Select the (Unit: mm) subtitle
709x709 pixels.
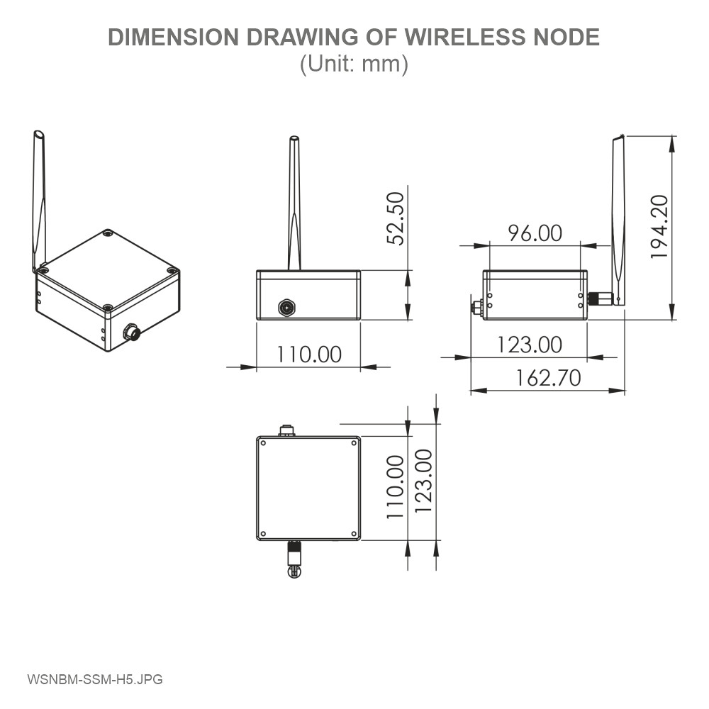pyautogui.click(x=354, y=64)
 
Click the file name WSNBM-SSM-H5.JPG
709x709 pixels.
pyautogui.click(x=95, y=679)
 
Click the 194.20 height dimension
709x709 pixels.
pyautogui.click(x=659, y=226)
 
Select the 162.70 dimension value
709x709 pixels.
pyautogui.click(x=548, y=377)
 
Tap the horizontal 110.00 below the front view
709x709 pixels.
pyautogui.click(x=308, y=354)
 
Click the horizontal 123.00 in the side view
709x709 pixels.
pyautogui.click(x=529, y=345)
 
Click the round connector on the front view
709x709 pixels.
pyautogui.click(x=286, y=308)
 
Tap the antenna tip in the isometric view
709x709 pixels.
pyautogui.click(x=38, y=135)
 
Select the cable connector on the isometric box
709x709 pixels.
pyautogui.click(x=131, y=332)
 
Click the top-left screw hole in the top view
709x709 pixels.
pyautogui.click(x=263, y=443)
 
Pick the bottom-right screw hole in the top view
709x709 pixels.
pyautogui.click(x=353, y=534)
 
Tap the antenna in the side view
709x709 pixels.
pyautogui.click(x=619, y=220)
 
